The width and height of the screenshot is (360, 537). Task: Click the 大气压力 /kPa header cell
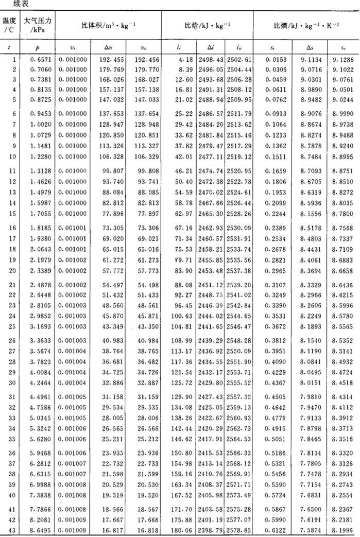(36, 25)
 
